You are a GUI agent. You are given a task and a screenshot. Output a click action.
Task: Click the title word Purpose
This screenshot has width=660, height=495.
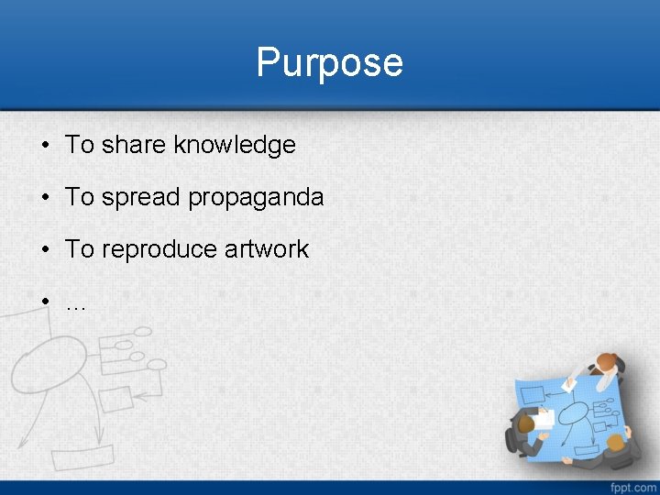click(329, 63)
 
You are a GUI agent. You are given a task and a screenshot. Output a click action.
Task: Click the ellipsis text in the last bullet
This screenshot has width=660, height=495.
click(76, 303)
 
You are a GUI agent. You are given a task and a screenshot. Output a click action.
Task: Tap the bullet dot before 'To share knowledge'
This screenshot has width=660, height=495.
click(44, 146)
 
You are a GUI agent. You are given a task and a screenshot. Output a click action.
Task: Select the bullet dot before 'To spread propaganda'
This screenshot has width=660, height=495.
click(44, 198)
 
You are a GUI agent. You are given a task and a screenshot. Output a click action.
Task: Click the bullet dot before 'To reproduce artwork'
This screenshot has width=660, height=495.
click(44, 250)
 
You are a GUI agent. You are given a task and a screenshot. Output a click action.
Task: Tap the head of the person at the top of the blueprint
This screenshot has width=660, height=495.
click(605, 362)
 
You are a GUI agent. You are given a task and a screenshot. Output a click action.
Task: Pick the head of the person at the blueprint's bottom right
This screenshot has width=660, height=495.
click(615, 443)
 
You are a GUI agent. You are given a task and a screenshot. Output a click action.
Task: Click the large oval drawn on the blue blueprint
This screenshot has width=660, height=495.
click(574, 413)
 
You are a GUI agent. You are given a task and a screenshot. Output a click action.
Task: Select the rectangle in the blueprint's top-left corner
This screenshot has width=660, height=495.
click(533, 395)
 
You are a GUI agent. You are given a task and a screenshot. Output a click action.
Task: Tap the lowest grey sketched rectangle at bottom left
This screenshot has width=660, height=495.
click(82, 456)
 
